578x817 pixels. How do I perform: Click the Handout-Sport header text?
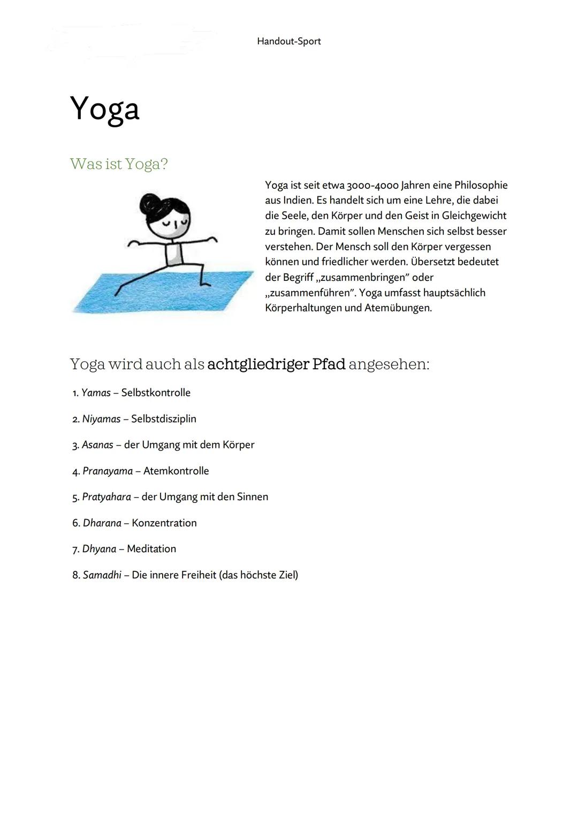click(x=288, y=41)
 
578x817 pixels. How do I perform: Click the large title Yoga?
click(x=105, y=109)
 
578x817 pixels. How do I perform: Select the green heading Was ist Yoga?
click(x=119, y=164)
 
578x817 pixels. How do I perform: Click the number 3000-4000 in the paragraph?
click(x=372, y=186)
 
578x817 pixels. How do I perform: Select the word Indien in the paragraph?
click(x=298, y=201)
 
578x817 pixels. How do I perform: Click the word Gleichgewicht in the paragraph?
click(x=474, y=216)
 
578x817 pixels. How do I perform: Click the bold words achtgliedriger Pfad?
click(x=276, y=364)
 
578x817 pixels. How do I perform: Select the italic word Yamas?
click(x=96, y=393)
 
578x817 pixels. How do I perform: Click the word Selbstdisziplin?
click(x=163, y=419)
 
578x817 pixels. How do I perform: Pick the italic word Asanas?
click(x=97, y=445)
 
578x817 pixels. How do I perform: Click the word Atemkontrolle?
click(x=176, y=471)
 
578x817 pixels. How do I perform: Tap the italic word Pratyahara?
click(x=106, y=497)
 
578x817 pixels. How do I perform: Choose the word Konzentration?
click(x=164, y=523)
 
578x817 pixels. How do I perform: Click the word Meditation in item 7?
click(x=151, y=549)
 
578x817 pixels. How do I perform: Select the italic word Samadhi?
click(x=102, y=575)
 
